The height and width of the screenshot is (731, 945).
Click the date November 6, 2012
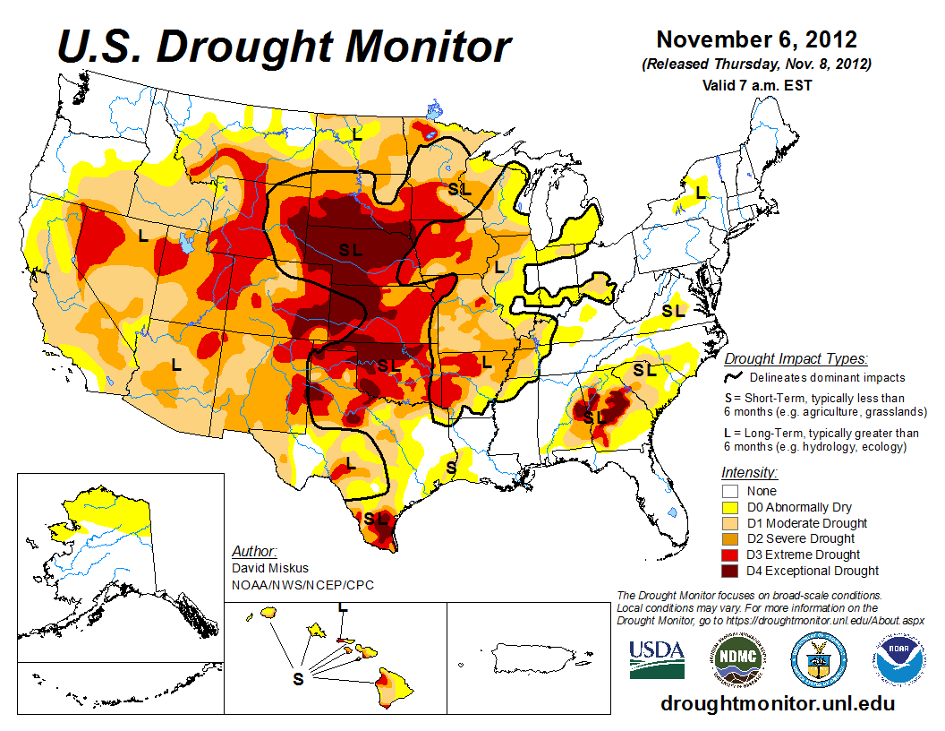756,40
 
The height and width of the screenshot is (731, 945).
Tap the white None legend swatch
729,491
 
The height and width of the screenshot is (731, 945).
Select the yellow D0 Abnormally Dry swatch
729,507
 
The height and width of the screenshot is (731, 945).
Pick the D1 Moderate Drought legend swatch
729,523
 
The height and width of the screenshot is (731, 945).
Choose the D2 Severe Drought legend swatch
729,539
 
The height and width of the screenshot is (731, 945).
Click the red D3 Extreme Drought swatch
729,555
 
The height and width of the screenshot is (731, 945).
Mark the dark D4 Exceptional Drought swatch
729,571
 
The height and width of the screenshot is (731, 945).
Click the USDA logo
657,659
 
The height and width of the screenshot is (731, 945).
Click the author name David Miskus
269,568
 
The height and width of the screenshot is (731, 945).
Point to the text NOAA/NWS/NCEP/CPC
302,585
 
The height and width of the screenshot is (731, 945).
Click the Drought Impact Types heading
796,359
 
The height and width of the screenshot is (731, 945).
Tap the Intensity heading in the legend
749,472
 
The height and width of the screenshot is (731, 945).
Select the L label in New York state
701,192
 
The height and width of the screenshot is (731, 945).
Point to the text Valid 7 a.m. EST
756,85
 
